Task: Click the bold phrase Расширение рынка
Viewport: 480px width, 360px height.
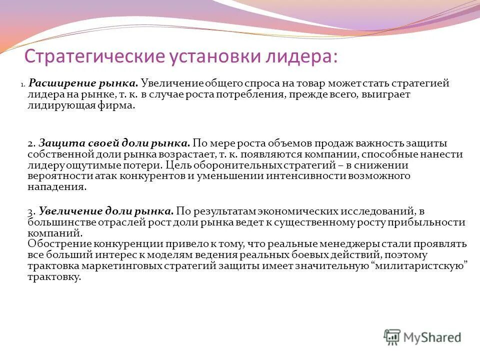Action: (x=83, y=83)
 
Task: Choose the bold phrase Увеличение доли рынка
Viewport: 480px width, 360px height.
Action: (x=106, y=211)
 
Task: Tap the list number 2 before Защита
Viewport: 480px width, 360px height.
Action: (x=30, y=142)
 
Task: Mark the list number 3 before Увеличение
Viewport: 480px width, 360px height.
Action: (x=30, y=211)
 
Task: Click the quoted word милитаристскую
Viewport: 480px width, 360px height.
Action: (x=420, y=266)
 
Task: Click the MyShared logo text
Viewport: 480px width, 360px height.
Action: (x=432, y=337)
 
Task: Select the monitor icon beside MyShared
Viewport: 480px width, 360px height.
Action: (x=392, y=336)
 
